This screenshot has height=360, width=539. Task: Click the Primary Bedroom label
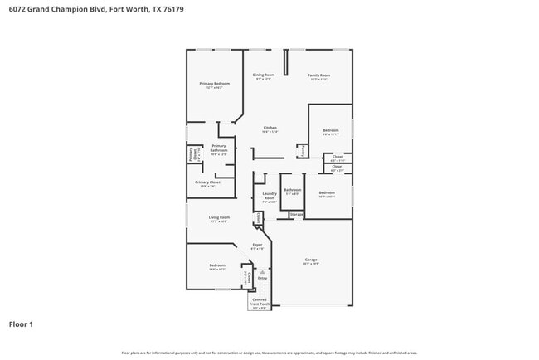tap(214, 84)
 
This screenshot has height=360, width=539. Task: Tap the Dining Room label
tap(264, 75)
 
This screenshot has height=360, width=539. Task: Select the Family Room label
tap(318, 75)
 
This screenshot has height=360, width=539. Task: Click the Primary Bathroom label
tap(218, 148)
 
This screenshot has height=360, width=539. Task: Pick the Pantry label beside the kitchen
tap(303, 151)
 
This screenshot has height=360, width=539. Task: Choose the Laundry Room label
tap(269, 198)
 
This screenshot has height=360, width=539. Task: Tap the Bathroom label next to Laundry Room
tap(292, 190)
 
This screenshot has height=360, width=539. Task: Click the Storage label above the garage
tap(296, 215)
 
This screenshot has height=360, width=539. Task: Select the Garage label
tap(311, 260)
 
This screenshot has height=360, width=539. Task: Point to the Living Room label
tap(219, 218)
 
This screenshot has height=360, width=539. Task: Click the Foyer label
tap(257, 245)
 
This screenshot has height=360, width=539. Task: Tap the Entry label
tap(262, 278)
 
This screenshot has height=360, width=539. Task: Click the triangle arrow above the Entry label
tap(262, 271)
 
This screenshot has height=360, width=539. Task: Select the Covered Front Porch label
tap(260, 302)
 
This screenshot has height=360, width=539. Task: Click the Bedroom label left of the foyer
tap(217, 265)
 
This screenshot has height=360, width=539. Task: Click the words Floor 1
tap(21, 324)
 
